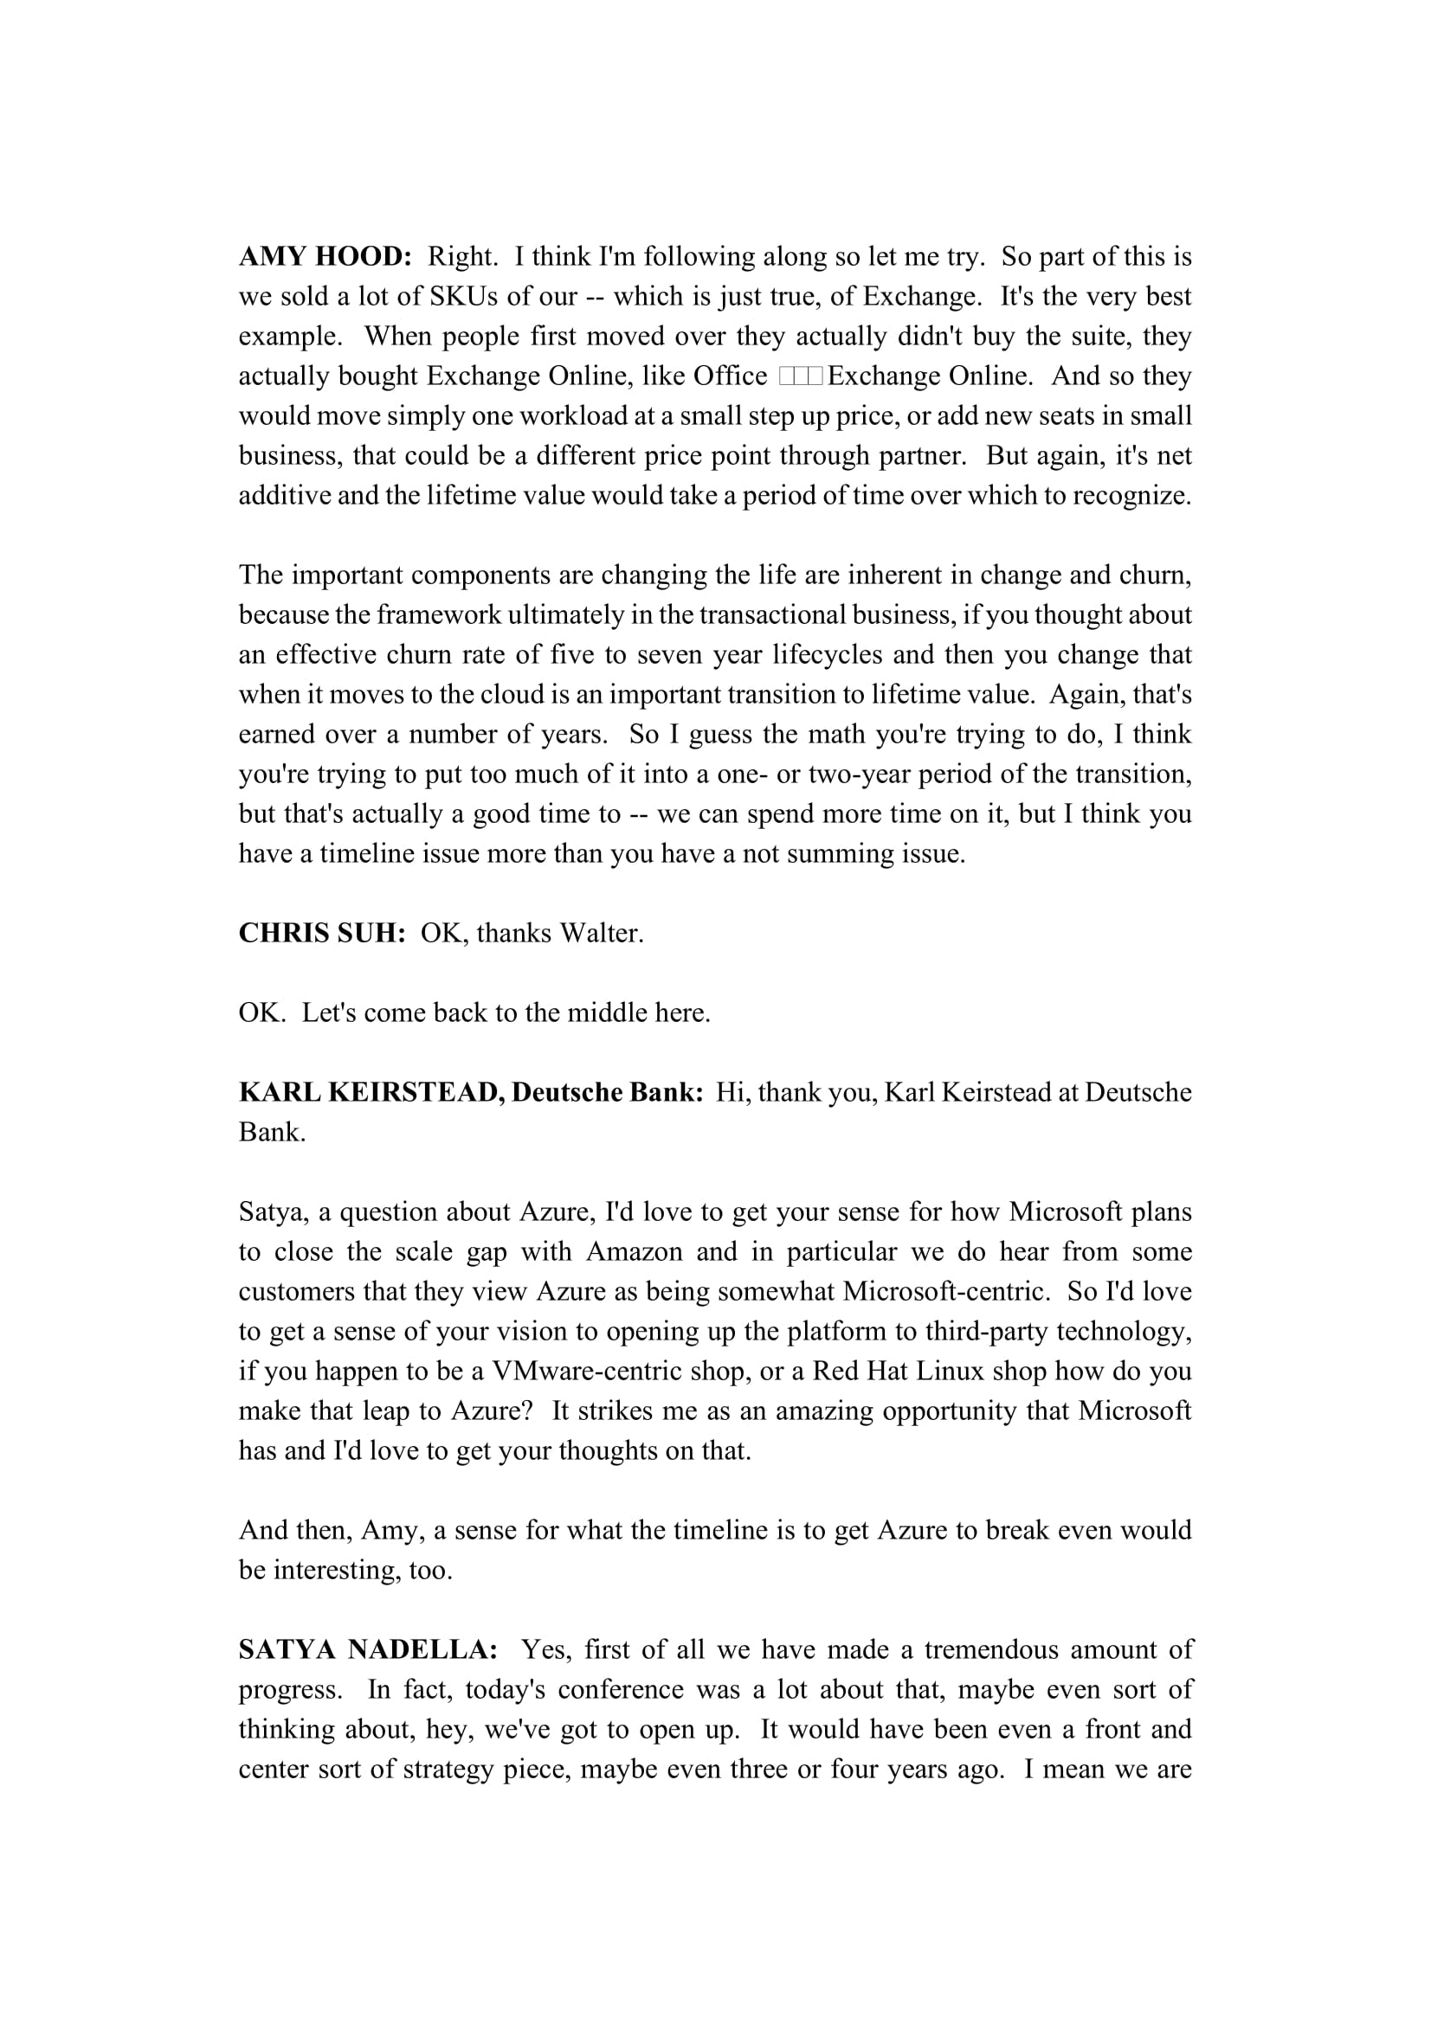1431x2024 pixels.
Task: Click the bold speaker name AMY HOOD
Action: point(326,256)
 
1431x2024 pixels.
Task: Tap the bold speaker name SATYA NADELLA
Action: point(368,1649)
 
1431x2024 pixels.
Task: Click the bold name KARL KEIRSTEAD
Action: point(371,1092)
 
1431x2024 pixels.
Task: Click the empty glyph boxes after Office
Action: point(801,376)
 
